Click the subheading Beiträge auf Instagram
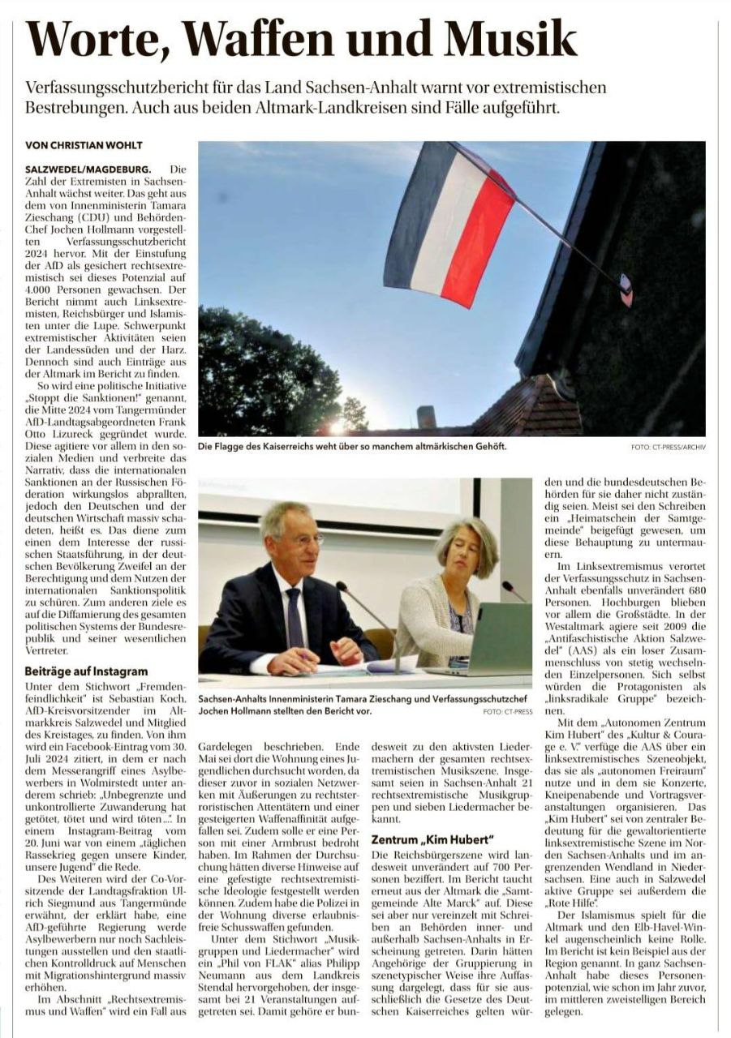pos(87,671)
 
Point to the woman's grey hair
pos(467,535)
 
